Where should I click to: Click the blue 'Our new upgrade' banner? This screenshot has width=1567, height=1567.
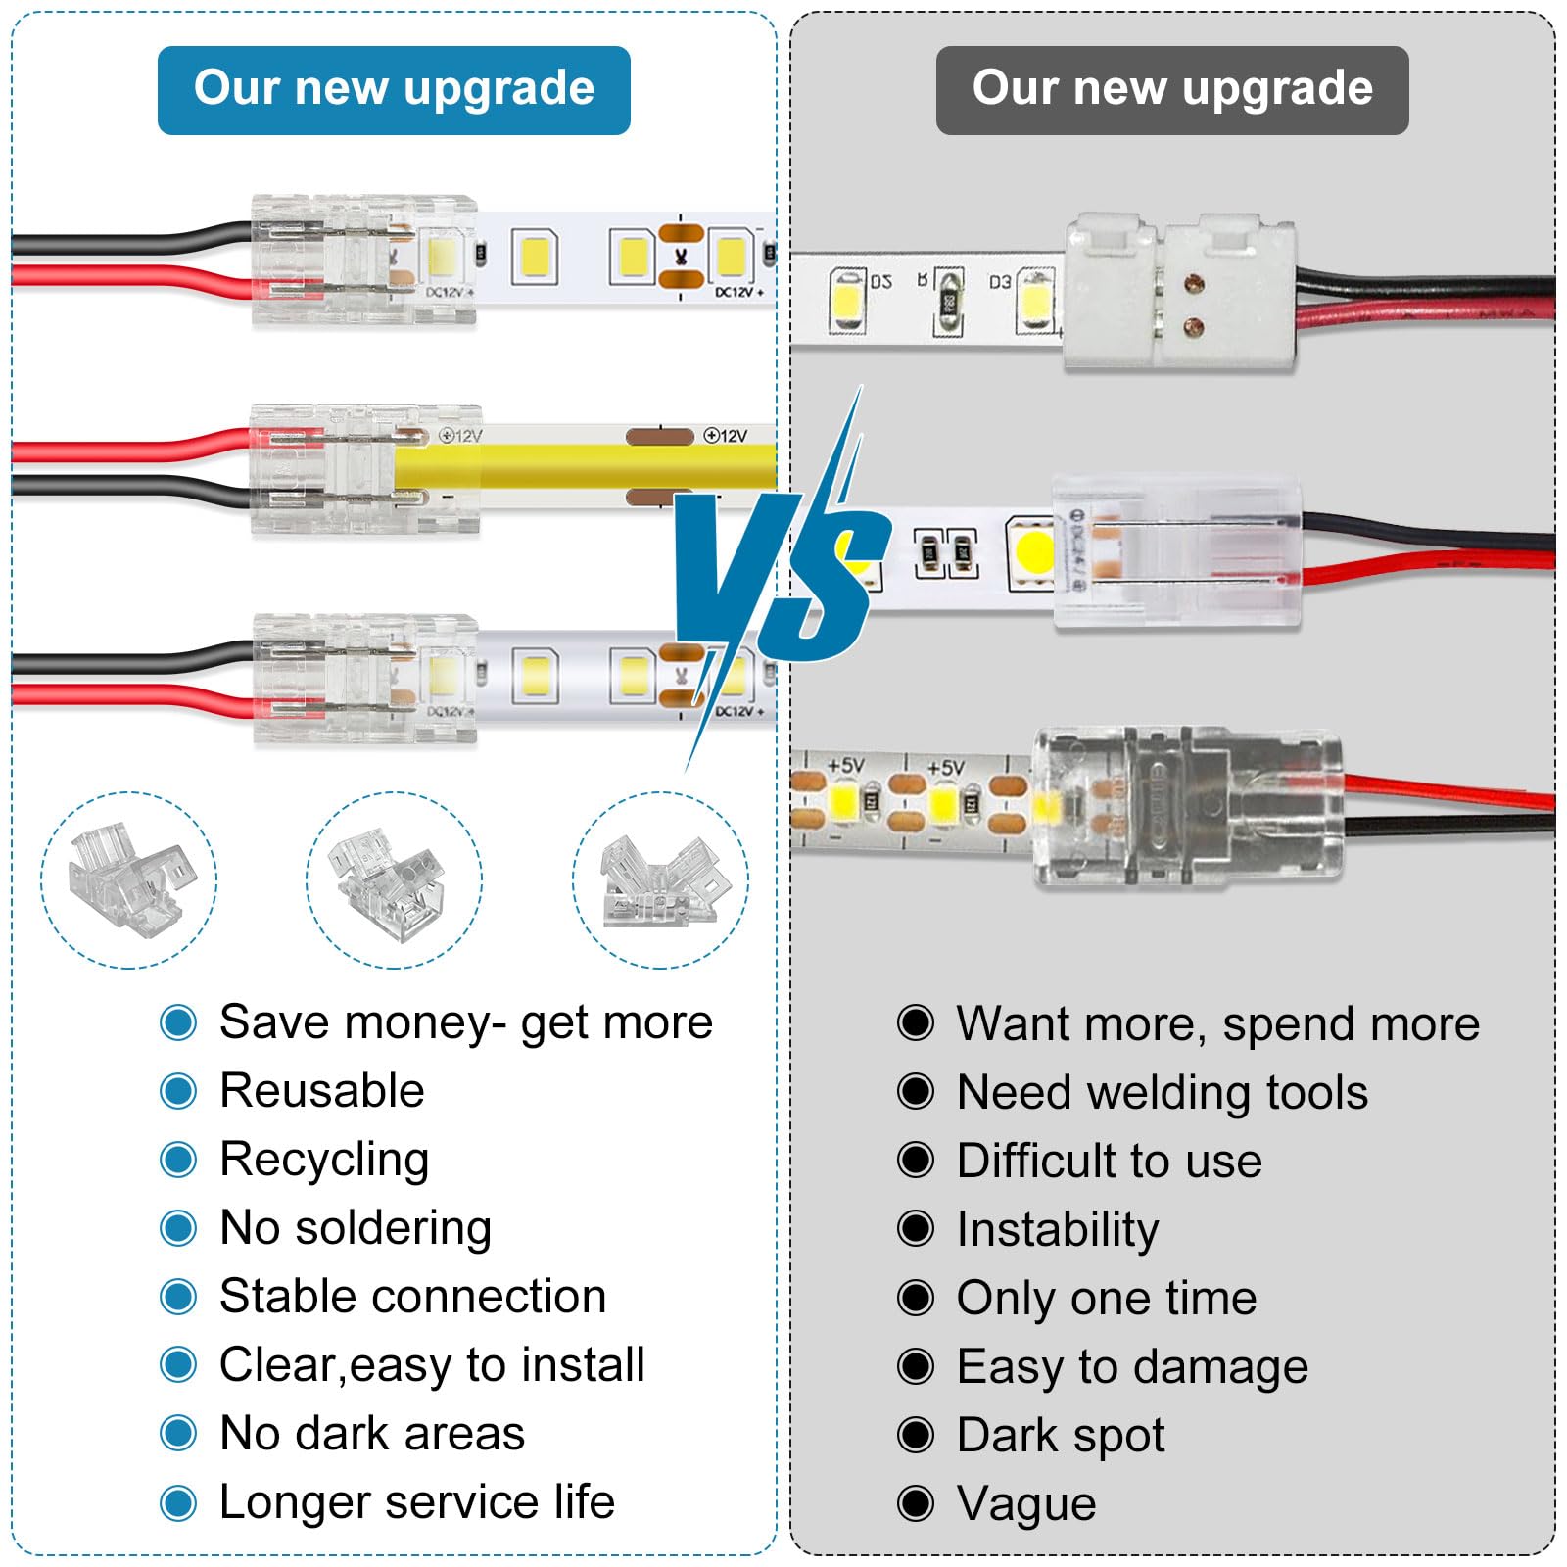click(394, 90)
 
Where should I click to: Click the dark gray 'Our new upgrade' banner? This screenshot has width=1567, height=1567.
click(1172, 90)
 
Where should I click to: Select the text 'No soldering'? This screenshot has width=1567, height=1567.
click(356, 1228)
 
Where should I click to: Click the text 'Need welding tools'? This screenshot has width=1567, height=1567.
click(1163, 1092)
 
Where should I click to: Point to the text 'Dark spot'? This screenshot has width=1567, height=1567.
click(1061, 1436)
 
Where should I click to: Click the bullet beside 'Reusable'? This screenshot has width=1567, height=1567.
click(178, 1091)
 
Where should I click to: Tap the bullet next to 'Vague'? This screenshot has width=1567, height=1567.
click(916, 1503)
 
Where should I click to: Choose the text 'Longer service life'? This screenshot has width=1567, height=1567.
click(417, 1501)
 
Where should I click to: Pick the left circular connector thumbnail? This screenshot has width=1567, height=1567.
click(128, 879)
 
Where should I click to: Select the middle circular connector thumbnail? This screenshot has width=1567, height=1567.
click(394, 879)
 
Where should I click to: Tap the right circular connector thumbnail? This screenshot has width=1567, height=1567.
click(660, 879)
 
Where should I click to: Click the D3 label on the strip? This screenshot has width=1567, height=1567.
click(999, 282)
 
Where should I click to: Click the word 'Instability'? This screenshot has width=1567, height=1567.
click(1058, 1230)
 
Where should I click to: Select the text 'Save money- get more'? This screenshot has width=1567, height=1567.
click(466, 1022)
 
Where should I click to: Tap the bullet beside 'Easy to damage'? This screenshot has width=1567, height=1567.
click(916, 1366)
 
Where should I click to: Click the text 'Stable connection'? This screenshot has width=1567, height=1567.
click(413, 1296)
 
